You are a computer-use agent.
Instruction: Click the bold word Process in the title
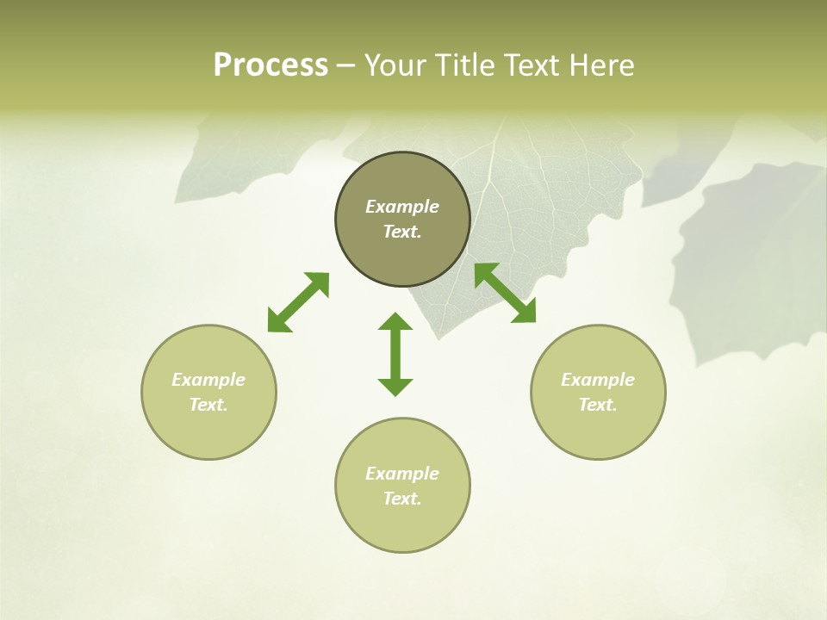[270, 65]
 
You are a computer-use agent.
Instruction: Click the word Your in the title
[395, 65]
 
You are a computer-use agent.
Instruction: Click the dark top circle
[402, 219]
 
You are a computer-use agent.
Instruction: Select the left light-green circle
[208, 392]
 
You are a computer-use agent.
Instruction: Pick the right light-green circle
[598, 392]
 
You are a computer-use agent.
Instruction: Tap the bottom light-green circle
[402, 486]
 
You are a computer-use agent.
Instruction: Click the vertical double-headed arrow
[395, 354]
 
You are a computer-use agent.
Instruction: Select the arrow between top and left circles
[298, 302]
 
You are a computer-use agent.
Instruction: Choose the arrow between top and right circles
[505, 293]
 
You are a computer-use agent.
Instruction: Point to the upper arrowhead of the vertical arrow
[395, 321]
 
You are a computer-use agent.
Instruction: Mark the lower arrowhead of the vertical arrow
[395, 387]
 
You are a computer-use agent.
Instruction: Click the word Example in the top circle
[402, 207]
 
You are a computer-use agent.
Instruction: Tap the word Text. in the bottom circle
[402, 499]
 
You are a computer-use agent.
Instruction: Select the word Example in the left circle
[208, 380]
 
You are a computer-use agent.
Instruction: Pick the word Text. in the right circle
[598, 405]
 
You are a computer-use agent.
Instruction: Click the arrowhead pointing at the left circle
[277, 323]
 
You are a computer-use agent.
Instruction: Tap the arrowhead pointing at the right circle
[525, 313]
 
